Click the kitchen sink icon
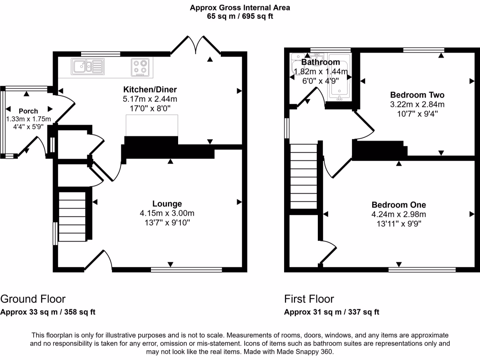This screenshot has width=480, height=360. (x=88, y=66)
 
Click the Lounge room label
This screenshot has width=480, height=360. (x=167, y=203)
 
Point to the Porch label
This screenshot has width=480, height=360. (x=28, y=111)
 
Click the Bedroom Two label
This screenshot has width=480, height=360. (x=417, y=95)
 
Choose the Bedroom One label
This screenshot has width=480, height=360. (x=398, y=205)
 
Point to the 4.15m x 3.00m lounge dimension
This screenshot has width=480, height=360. (x=167, y=213)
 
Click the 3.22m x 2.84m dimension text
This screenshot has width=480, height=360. (x=417, y=104)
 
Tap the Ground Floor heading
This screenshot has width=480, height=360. (x=33, y=299)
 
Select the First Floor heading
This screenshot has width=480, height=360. (x=309, y=299)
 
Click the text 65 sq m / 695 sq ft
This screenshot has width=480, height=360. (x=240, y=16)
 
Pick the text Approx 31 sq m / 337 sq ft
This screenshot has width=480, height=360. (x=332, y=312)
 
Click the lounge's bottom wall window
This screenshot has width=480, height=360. (x=186, y=270)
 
